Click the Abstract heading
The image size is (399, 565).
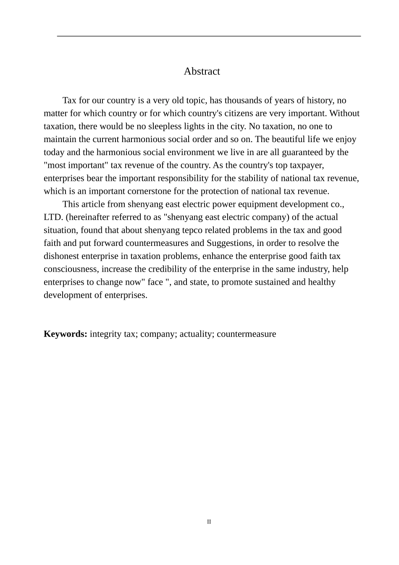click(202, 71)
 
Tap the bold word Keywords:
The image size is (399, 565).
click(66, 334)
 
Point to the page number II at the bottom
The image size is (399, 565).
click(209, 522)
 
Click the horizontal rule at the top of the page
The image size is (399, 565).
click(209, 36)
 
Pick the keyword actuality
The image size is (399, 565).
click(196, 334)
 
